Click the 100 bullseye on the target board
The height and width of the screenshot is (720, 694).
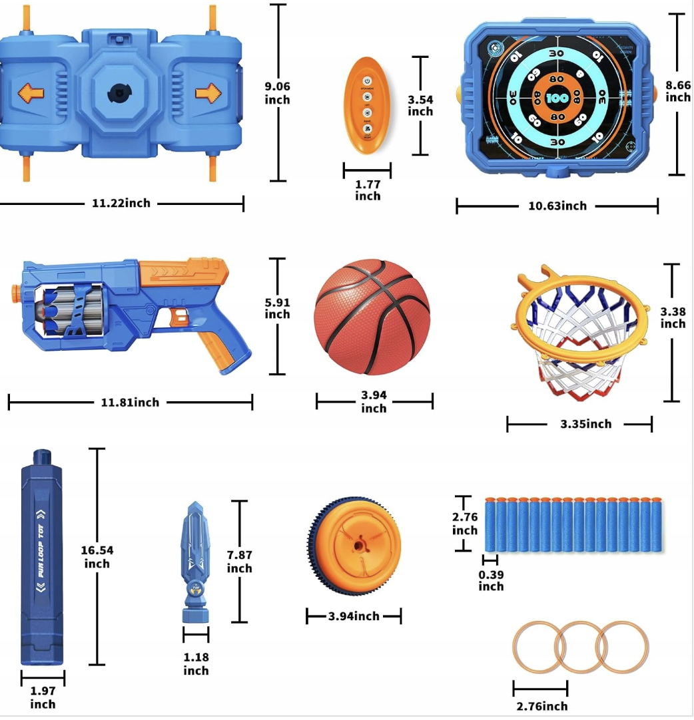557,97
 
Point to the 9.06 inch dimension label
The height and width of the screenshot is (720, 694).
278,92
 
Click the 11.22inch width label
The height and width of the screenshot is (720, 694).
121,203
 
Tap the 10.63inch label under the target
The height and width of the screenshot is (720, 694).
557,206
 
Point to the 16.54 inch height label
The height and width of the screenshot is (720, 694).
97,557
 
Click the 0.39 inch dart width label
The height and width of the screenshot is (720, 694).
491,580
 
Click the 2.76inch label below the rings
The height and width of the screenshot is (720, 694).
541,706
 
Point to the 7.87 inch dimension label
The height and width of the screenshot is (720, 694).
240,561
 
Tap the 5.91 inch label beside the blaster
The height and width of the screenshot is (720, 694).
278,308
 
